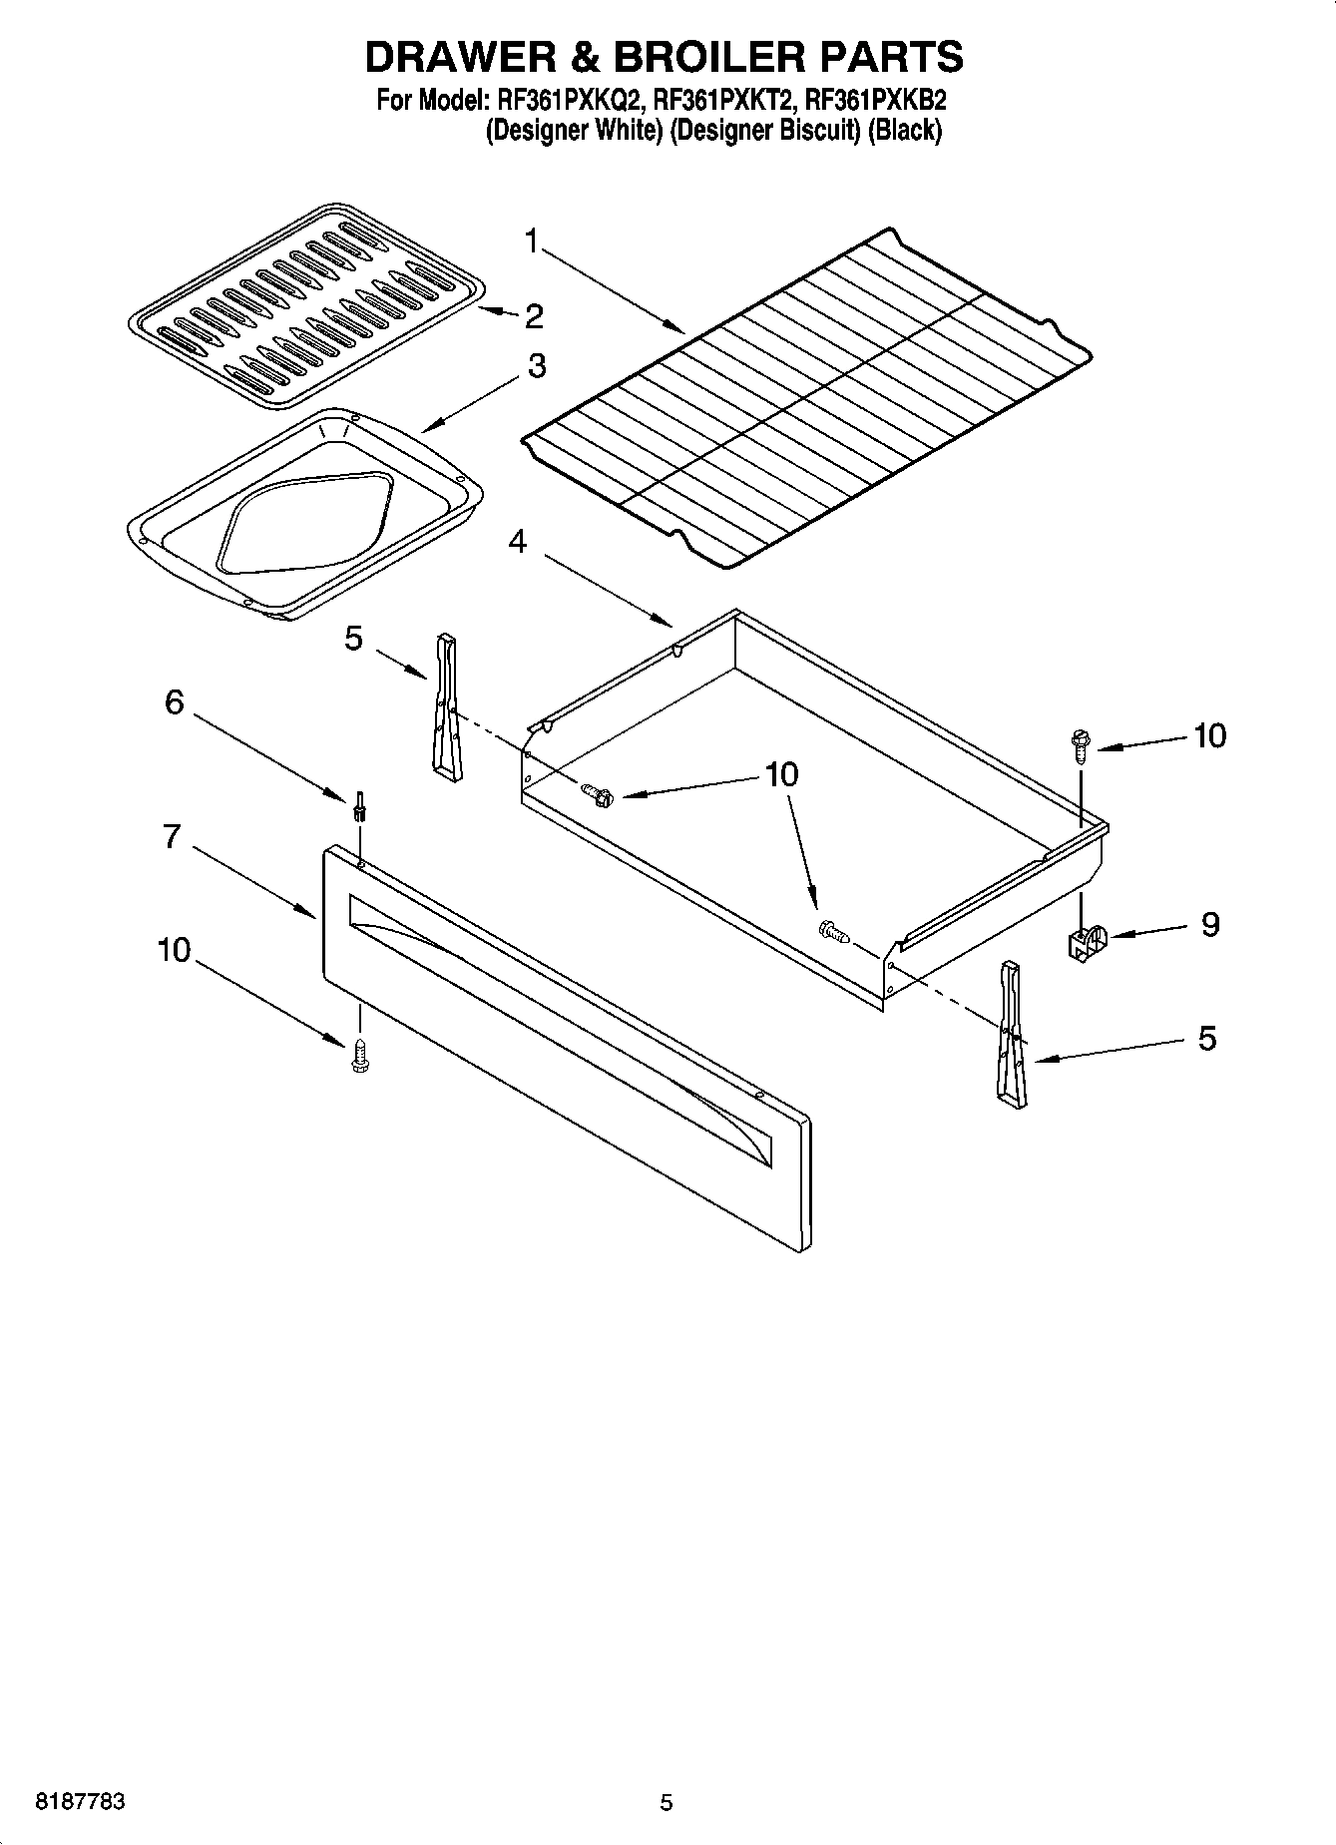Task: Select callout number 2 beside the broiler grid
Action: click(534, 316)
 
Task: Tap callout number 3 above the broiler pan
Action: click(536, 366)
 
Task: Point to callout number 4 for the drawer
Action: click(517, 542)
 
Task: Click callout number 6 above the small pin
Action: click(175, 702)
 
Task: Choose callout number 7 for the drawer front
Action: click(172, 836)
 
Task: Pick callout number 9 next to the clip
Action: click(1209, 925)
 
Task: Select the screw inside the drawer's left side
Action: click(598, 794)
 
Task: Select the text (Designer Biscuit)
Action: click(764, 131)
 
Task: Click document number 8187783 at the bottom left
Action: click(80, 1802)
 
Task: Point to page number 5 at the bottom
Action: click(667, 1802)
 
